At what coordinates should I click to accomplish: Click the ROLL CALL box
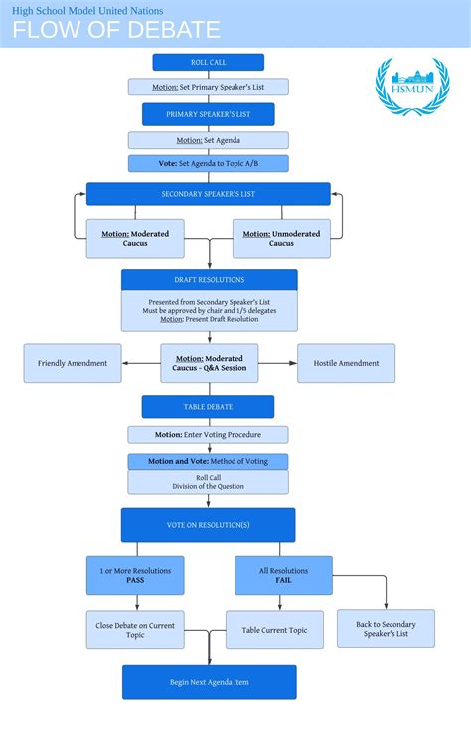(x=208, y=62)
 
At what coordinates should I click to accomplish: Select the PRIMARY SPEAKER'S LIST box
(x=208, y=114)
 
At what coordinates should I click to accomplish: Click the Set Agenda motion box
(x=208, y=140)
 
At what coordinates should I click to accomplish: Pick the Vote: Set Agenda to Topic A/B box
(x=208, y=163)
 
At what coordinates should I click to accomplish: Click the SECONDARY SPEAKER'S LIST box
(x=208, y=193)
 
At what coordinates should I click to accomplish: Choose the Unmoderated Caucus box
(x=281, y=239)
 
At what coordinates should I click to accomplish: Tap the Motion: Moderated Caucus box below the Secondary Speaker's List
(x=135, y=239)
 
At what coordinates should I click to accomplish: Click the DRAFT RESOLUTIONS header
(x=209, y=279)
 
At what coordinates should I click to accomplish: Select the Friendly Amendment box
(x=73, y=363)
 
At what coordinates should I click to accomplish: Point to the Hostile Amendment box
(x=346, y=363)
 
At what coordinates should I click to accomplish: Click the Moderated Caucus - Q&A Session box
(x=209, y=363)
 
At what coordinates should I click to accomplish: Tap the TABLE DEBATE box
(x=208, y=406)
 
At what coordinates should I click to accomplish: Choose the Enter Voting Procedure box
(x=208, y=434)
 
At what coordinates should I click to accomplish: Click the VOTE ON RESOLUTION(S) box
(x=208, y=524)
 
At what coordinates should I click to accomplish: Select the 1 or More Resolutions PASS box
(x=135, y=575)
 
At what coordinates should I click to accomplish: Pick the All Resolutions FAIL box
(x=283, y=575)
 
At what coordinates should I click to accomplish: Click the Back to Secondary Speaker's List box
(x=386, y=629)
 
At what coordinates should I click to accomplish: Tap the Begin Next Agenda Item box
(x=209, y=682)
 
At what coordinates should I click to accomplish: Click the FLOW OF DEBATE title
(x=116, y=29)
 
